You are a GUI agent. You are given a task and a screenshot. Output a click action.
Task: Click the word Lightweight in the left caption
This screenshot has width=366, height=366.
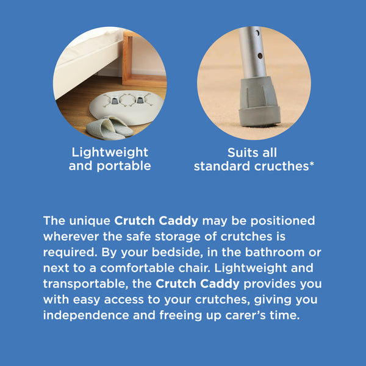110,152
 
